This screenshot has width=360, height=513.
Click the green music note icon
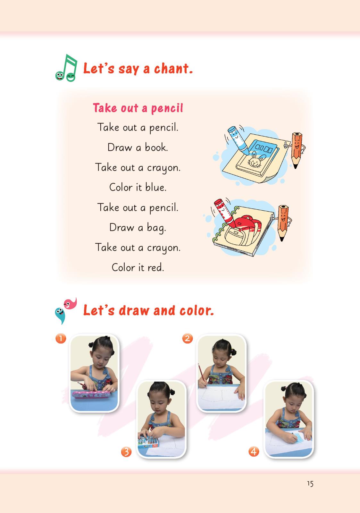(x=66, y=68)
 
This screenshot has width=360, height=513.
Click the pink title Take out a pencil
(x=138, y=108)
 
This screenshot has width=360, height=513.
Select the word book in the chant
(x=156, y=147)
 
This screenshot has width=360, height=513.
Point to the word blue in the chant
(x=156, y=187)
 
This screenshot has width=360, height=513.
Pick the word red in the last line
(x=156, y=267)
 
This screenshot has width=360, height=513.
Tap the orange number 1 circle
(x=61, y=338)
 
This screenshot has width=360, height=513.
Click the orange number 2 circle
(x=187, y=338)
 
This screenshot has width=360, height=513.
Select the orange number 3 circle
(x=126, y=452)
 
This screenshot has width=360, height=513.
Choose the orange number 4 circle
(x=254, y=452)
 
